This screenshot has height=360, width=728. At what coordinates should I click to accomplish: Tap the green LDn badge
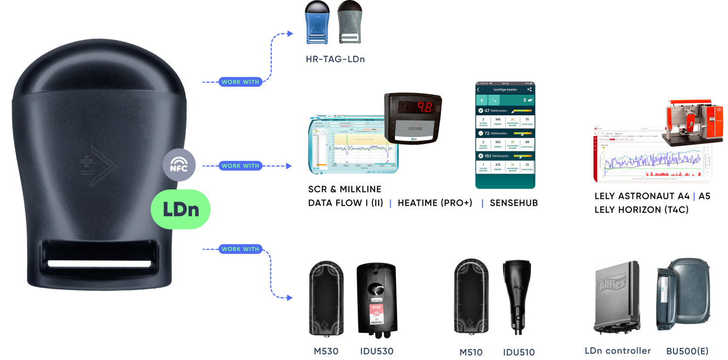181,209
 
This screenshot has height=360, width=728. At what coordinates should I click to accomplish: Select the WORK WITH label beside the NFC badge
240,165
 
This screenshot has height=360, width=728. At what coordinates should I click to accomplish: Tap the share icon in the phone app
529,90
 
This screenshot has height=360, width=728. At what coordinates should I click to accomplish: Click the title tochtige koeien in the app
505,90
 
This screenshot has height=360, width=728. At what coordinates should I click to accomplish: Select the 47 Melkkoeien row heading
496,111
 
